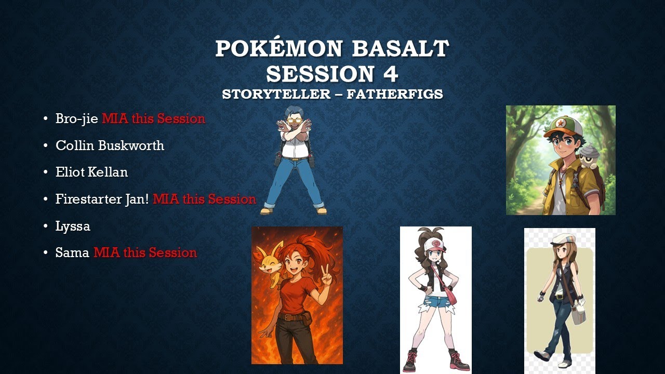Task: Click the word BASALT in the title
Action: pos(400,49)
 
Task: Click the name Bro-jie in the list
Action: pos(77,119)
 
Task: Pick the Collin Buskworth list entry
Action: pos(110,145)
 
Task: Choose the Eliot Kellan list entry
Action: pos(91,172)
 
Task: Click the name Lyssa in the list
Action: pos(73,226)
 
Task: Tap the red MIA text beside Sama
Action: pos(145,253)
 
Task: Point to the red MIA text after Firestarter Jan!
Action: pos(204,199)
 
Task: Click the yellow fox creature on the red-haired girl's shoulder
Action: pos(272,260)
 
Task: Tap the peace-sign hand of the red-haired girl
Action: pos(326,276)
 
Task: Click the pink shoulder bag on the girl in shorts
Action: pos(450,297)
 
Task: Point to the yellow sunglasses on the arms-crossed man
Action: pos(295,121)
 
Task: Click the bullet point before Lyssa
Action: pos(46,226)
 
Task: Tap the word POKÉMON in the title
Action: pos(279,49)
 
